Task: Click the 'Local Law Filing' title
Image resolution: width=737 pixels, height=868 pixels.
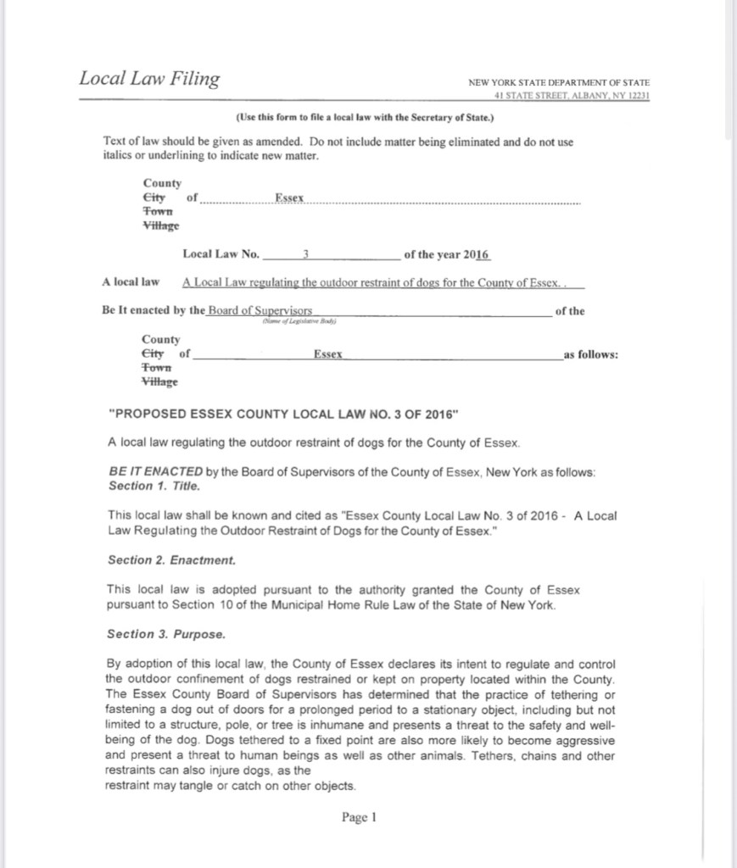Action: pyautogui.click(x=148, y=79)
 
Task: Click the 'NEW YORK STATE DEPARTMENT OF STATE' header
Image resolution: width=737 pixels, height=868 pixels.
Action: pyautogui.click(x=559, y=83)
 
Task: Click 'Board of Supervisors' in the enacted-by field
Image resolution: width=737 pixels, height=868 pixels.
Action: pyautogui.click(x=260, y=310)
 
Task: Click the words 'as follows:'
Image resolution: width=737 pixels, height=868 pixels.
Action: pyautogui.click(x=591, y=354)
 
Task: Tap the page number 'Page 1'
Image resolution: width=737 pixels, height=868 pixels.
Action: pyautogui.click(x=359, y=817)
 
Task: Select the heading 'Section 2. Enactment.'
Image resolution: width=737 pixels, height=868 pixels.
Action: pyautogui.click(x=171, y=560)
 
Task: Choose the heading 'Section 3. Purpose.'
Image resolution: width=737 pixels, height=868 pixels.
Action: pyautogui.click(x=165, y=634)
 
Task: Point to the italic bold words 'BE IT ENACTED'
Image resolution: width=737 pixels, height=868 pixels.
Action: pyautogui.click(x=155, y=472)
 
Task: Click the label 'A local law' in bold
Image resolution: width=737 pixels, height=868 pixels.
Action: pyautogui.click(x=131, y=281)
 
